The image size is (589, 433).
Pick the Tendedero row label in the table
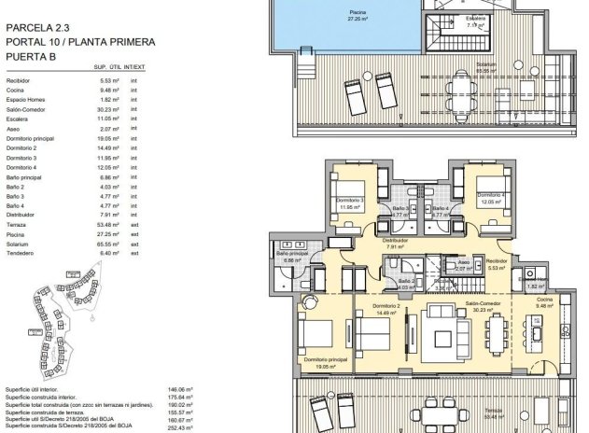(24, 253)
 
